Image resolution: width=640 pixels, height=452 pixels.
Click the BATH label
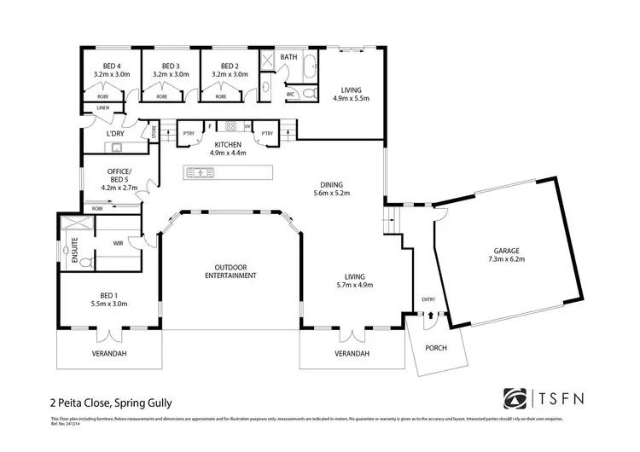[x=289, y=58]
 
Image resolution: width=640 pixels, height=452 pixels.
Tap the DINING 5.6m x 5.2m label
[x=330, y=188]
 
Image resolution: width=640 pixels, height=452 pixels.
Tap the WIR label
[x=119, y=243]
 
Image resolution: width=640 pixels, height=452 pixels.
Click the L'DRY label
[x=116, y=134]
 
